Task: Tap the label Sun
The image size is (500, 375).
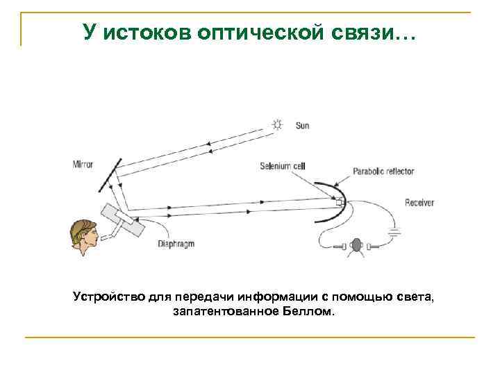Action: (x=302, y=126)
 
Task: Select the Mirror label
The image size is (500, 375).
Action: (x=82, y=165)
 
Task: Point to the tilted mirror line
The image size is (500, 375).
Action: (x=110, y=174)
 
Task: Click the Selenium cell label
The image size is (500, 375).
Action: (x=282, y=166)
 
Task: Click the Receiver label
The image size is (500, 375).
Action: (x=419, y=202)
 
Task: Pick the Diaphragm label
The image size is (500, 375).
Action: (x=176, y=244)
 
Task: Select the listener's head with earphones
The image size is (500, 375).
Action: (x=356, y=245)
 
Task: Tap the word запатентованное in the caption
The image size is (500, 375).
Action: (x=224, y=312)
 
